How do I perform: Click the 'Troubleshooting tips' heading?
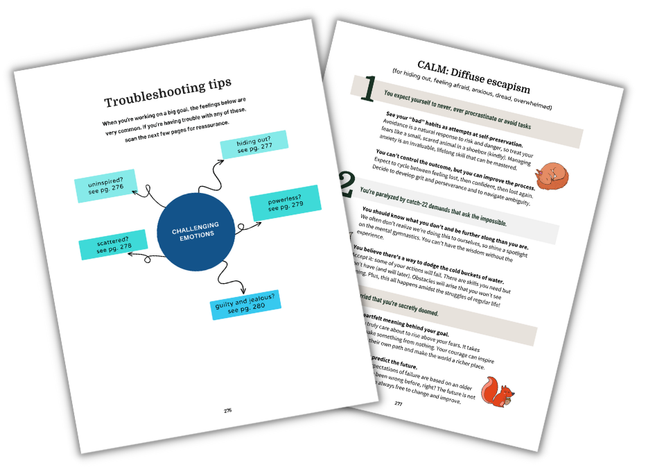click(168, 94)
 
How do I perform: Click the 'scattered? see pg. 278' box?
click(113, 244)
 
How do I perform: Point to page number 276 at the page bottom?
click(228, 410)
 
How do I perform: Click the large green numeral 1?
click(369, 89)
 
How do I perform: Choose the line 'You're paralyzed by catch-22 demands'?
click(433, 207)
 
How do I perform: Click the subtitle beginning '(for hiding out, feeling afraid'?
click(471, 90)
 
